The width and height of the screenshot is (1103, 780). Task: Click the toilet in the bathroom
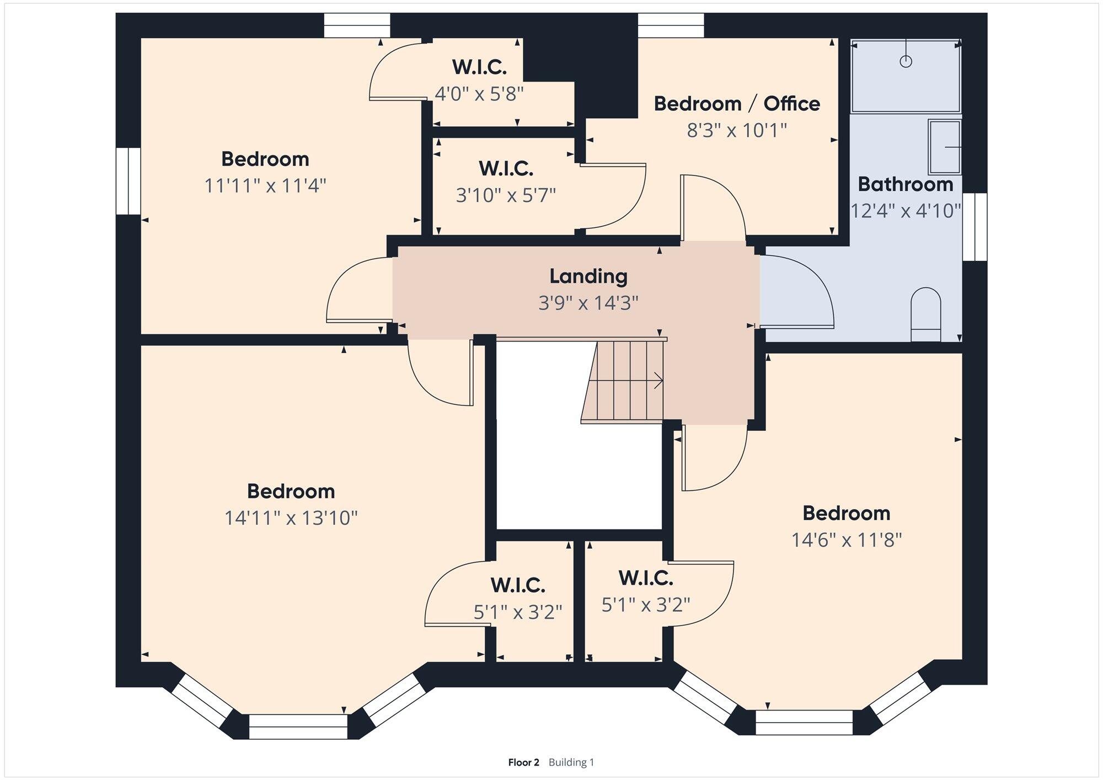click(x=925, y=314)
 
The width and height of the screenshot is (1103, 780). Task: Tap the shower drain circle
click(x=906, y=61)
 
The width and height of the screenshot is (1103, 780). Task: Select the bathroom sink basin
click(x=945, y=147)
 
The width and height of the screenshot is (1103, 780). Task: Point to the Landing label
click(x=588, y=276)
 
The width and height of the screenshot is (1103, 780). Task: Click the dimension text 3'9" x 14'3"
click(x=588, y=303)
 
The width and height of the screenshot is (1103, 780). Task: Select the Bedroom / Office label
click(x=737, y=104)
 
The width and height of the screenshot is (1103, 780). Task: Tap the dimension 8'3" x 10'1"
click(x=737, y=131)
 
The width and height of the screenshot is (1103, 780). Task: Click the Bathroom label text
click(x=906, y=184)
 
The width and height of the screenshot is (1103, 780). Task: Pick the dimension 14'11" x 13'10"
click(x=291, y=518)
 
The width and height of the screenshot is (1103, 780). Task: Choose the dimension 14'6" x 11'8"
click(x=847, y=539)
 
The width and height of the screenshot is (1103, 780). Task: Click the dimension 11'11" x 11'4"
click(x=265, y=186)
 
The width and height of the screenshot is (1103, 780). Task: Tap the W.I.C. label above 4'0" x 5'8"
click(x=479, y=67)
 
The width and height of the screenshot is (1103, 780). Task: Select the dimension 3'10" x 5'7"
click(x=506, y=195)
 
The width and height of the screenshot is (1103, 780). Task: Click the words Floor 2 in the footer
click(x=523, y=762)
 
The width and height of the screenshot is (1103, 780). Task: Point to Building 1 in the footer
click(x=571, y=762)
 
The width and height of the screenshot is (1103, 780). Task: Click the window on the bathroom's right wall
click(x=975, y=227)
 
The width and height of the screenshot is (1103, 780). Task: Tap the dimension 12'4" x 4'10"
click(x=906, y=211)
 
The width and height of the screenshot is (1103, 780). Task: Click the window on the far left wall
click(x=128, y=181)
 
